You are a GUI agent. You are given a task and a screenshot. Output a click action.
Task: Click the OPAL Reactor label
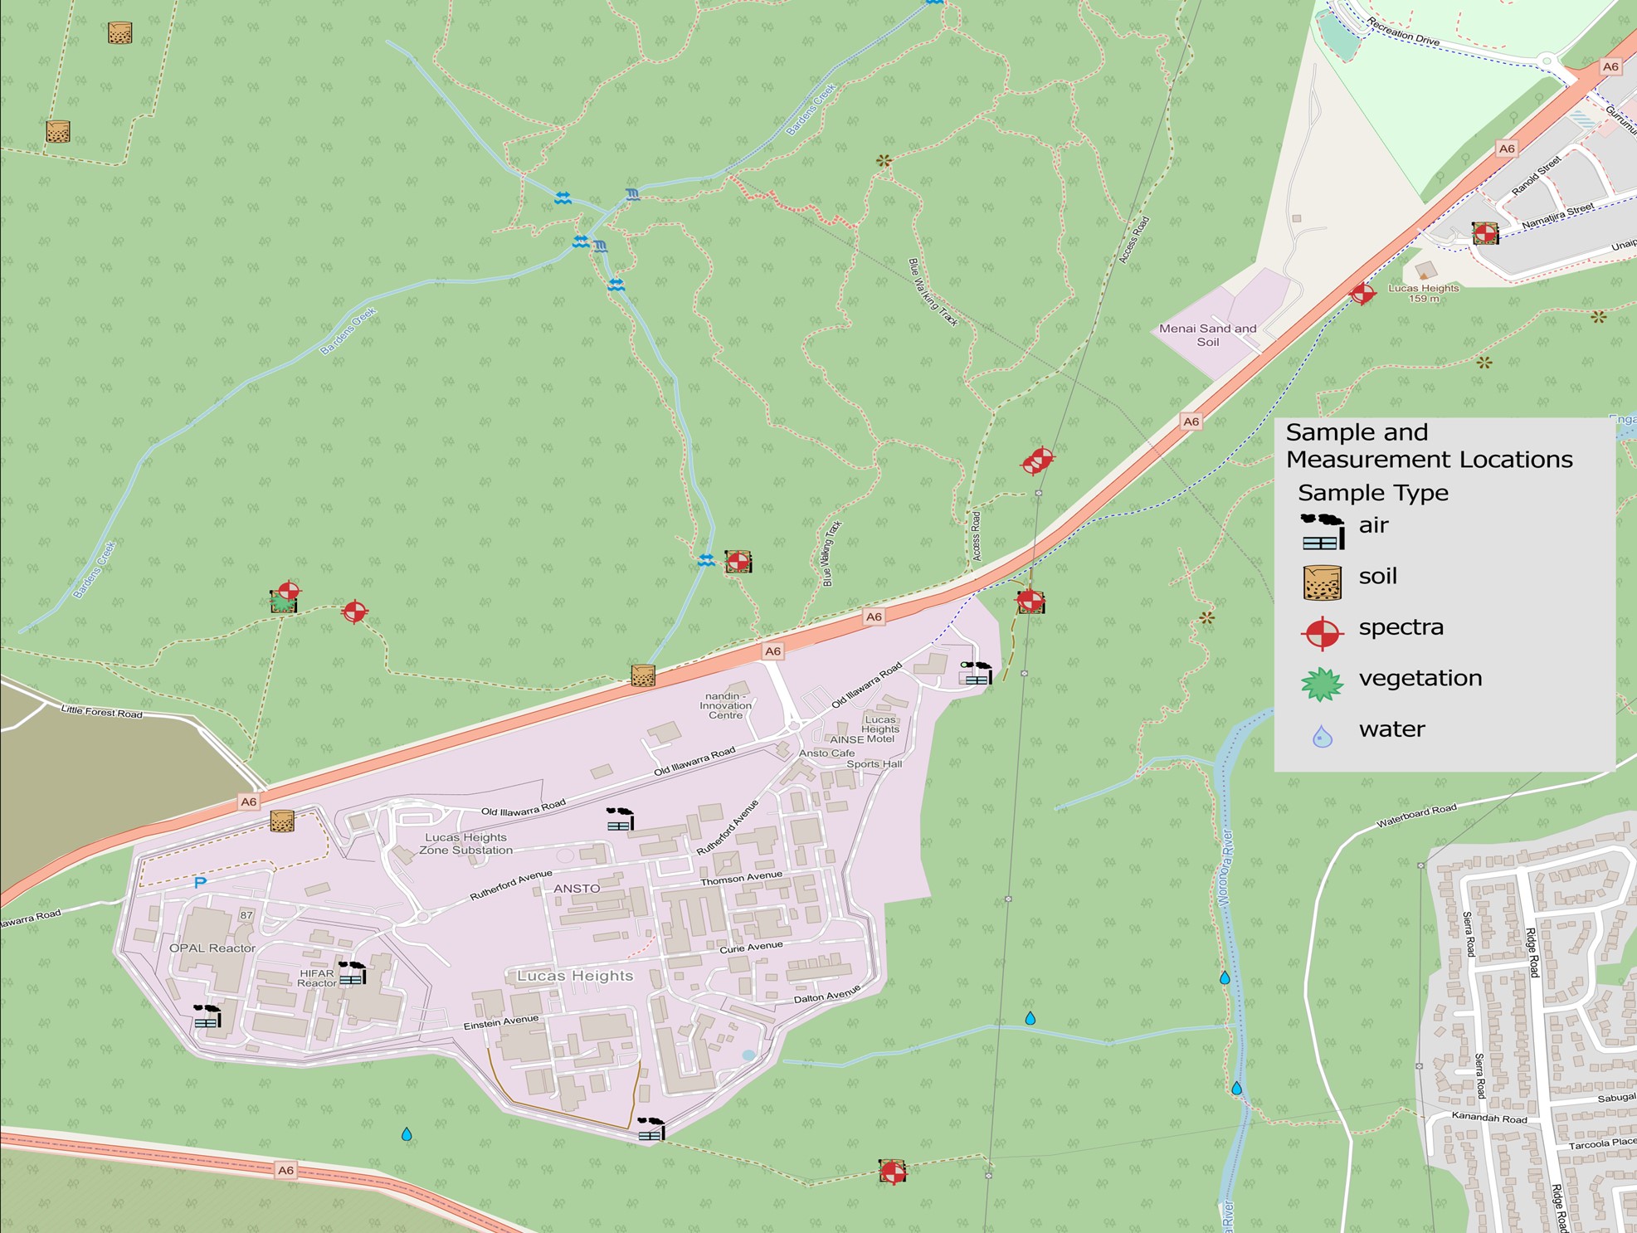[x=212, y=948]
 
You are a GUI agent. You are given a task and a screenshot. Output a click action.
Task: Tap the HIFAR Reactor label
[x=317, y=978]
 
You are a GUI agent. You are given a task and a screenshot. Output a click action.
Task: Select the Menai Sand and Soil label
[x=1207, y=334]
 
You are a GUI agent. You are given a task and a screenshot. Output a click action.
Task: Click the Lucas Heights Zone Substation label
[x=465, y=844]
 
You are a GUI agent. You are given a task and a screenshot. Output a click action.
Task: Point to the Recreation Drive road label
[x=1402, y=32]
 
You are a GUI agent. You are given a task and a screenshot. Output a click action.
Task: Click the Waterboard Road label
[x=1416, y=816]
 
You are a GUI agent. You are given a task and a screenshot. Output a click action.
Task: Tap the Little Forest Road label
[x=101, y=711]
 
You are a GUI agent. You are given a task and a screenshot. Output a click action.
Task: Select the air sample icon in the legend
[x=1323, y=532]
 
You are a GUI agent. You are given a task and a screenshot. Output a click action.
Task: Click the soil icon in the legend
[x=1323, y=582]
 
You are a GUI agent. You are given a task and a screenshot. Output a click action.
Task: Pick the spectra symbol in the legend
[x=1323, y=633]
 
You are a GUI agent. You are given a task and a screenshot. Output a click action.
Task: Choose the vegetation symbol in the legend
[x=1322, y=685]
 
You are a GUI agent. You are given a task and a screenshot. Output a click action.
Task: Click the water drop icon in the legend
[x=1323, y=736]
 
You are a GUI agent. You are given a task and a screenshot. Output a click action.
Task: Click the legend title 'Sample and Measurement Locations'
[x=1428, y=446]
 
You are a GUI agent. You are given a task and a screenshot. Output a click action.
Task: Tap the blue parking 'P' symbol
[x=200, y=882]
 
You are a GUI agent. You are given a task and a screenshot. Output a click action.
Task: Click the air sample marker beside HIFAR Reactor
[x=353, y=972]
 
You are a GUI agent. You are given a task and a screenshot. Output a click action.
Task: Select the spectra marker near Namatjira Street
[x=1485, y=233]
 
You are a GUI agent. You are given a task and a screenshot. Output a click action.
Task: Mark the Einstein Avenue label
[x=501, y=1023]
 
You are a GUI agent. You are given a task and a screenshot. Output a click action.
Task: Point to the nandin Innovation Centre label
[x=725, y=705]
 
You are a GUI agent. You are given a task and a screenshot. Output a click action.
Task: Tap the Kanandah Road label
[x=1489, y=1118]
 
